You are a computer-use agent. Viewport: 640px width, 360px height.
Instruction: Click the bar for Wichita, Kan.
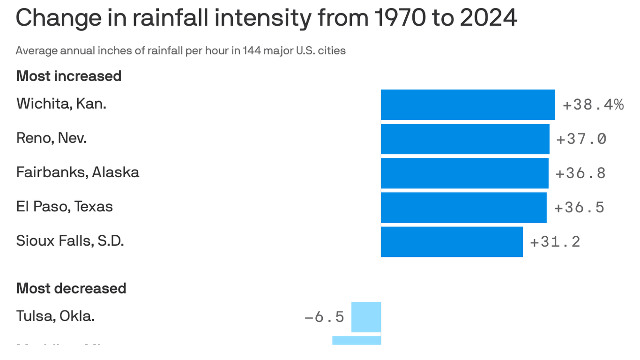coord(468,105)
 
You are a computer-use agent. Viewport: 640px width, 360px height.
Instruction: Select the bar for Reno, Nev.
coord(465,139)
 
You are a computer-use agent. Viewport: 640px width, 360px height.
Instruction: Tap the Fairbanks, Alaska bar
coord(464,173)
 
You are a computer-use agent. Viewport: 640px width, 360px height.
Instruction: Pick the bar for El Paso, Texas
coord(463,207)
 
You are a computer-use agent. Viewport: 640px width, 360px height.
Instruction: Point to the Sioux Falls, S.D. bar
coord(452,241)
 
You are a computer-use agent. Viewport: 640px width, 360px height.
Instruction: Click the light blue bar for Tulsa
coord(366,317)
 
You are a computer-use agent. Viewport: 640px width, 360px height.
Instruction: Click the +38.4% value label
coord(593,105)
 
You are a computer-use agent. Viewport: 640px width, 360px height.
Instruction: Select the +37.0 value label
coord(581,139)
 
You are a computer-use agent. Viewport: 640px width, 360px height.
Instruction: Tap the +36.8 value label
coord(580,173)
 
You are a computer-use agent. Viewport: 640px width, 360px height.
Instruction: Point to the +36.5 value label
coord(579,207)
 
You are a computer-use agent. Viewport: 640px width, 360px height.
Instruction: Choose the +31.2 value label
coord(555,241)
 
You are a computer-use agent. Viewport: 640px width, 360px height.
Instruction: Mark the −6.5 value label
coord(324,317)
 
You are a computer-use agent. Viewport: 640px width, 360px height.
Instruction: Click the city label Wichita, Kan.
coord(61,104)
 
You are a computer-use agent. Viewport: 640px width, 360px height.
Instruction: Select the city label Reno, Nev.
coord(52,138)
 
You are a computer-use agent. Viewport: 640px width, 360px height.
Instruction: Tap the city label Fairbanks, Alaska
coord(78,172)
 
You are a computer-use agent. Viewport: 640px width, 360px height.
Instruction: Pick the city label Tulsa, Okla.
coord(55,316)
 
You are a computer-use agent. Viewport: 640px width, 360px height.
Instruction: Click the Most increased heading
coord(69,76)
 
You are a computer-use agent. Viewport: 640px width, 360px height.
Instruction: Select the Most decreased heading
coord(71,288)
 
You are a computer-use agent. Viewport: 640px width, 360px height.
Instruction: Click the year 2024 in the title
coord(488,18)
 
